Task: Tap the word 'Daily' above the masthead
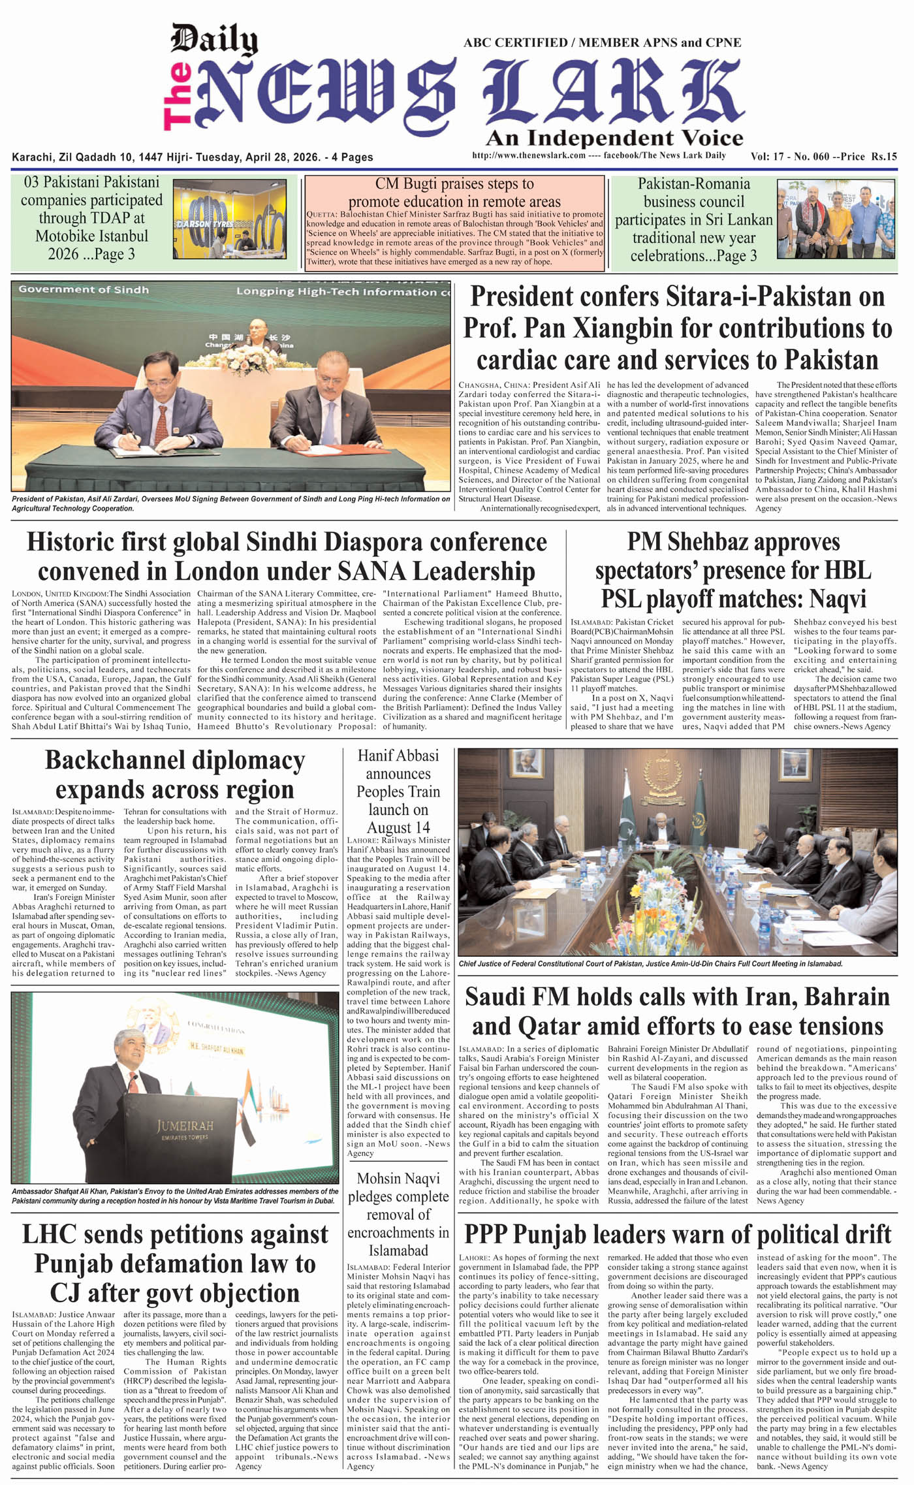(x=213, y=40)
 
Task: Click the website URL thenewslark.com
(x=529, y=156)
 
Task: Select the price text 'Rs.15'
(x=883, y=156)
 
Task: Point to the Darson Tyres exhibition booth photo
(x=230, y=219)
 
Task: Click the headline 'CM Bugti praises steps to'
(x=454, y=184)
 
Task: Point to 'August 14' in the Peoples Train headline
(x=398, y=828)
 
